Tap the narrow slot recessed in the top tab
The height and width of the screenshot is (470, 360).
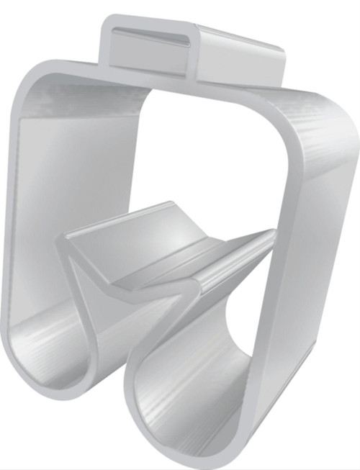155,35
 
